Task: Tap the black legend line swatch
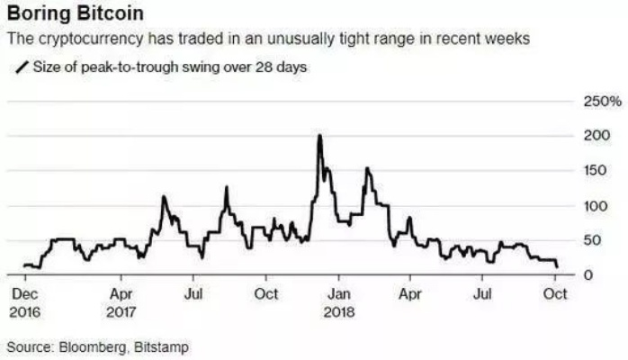[19, 67]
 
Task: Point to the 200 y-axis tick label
[586, 135]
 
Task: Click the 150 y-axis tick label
[586, 170]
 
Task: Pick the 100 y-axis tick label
[586, 205]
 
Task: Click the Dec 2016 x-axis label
[25, 302]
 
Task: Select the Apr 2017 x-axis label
[123, 302]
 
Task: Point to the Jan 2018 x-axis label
[337, 302]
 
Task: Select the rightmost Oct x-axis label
[555, 294]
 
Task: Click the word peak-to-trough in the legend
[123, 67]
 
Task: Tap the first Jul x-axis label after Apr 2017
[193, 294]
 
